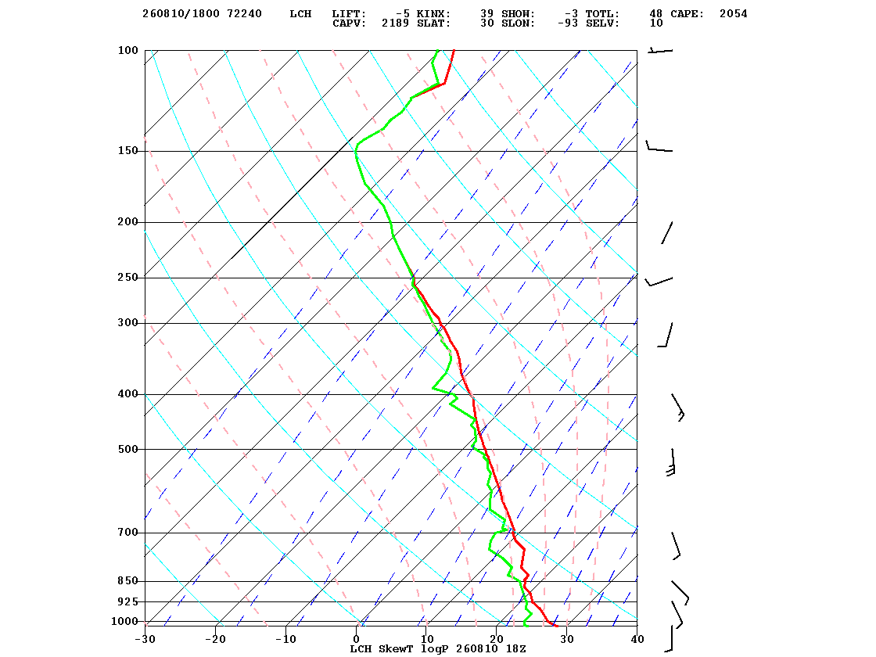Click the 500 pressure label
[127, 449]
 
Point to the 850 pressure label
[127, 581]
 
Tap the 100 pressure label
[127, 50]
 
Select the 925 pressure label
[127, 601]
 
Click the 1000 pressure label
[124, 621]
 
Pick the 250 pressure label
[127, 278]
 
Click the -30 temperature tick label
[145, 639]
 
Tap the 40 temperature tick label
[637, 639]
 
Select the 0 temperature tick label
[357, 639]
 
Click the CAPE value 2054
[733, 14]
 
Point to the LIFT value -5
[402, 14]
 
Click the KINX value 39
[486, 14]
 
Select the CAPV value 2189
[396, 23]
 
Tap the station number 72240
[244, 14]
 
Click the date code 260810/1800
[181, 14]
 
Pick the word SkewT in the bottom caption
[396, 648]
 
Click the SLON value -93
[568, 23]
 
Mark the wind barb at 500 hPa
[671, 462]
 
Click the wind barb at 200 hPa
[667, 232]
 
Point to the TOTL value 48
[655, 14]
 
